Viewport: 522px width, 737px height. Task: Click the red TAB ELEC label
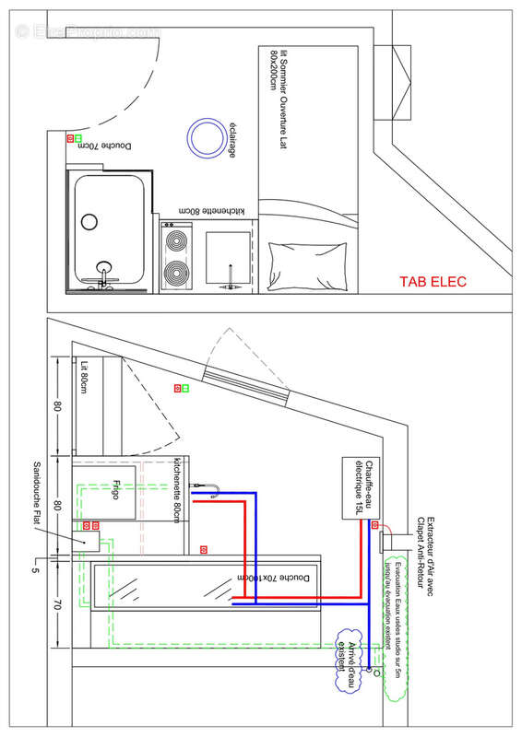pos(433,282)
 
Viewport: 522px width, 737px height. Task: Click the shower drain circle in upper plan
pos(89,221)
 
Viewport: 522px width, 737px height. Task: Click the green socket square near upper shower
pos(78,138)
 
